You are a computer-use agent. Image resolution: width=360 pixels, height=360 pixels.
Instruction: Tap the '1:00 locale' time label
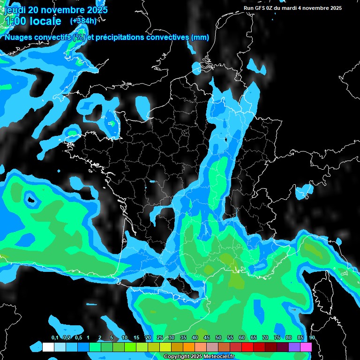[33, 21]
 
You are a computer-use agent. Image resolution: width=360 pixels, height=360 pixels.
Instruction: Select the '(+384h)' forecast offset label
[83, 21]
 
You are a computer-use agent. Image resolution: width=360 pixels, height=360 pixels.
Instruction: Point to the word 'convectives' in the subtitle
[167, 37]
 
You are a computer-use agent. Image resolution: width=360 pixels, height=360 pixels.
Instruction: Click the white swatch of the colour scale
[48, 347]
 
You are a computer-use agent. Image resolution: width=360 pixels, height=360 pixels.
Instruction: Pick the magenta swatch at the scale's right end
[306, 347]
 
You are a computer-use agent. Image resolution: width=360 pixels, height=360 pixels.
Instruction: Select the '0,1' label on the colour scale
[55, 338]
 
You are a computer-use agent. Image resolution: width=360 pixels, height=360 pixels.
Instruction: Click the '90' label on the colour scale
[312, 338]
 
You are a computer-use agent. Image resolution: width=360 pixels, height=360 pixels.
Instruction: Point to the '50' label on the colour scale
[218, 338]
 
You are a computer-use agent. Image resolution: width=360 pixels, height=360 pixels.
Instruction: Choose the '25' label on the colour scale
[160, 338]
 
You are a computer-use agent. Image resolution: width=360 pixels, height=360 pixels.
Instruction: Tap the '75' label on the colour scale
[277, 338]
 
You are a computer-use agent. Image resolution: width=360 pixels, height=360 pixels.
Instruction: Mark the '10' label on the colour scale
[125, 338]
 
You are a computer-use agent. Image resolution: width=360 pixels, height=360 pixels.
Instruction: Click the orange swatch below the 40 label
[189, 347]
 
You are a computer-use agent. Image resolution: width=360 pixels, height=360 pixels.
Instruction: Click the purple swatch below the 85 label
[294, 347]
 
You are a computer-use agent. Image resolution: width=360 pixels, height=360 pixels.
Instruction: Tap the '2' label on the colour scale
[99, 338]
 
